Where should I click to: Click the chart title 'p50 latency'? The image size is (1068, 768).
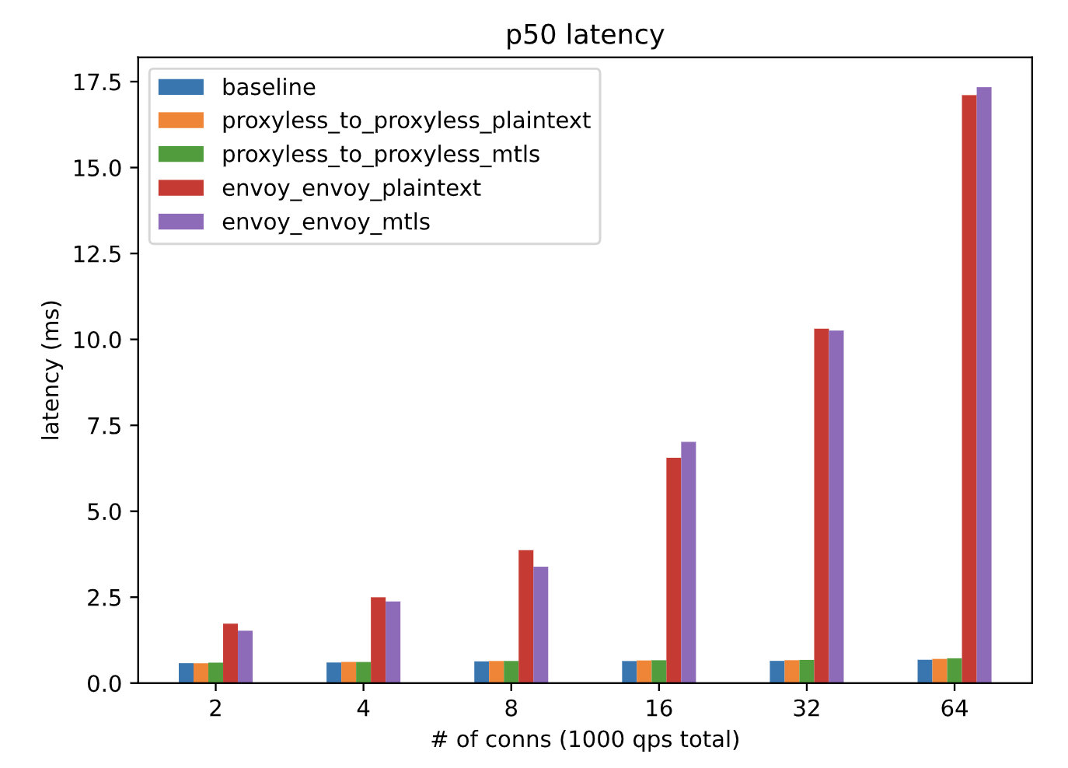585,35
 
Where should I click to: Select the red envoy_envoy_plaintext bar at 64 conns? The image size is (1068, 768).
969,389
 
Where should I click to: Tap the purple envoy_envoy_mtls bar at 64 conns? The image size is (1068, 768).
984,385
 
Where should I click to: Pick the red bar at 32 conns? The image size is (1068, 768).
822,505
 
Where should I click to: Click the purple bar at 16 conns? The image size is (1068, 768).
689,562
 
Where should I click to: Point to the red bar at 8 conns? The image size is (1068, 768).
526,616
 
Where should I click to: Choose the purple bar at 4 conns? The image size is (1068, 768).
393,642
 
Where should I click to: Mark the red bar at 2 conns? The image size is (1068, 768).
231,653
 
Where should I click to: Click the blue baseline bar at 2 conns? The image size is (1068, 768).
186,673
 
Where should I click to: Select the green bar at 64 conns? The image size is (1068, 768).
955,671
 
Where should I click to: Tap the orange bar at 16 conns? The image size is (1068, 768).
644,672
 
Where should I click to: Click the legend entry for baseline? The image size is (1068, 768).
269,87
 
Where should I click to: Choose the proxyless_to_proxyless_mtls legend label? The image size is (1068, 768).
381,155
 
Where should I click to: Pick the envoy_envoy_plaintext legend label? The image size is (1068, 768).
351,188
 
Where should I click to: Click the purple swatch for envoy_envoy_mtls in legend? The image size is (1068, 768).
181,222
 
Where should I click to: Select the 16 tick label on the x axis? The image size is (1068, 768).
658,709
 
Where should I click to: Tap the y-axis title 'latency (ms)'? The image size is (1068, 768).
51,370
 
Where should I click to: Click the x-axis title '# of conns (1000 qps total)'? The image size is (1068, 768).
585,739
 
